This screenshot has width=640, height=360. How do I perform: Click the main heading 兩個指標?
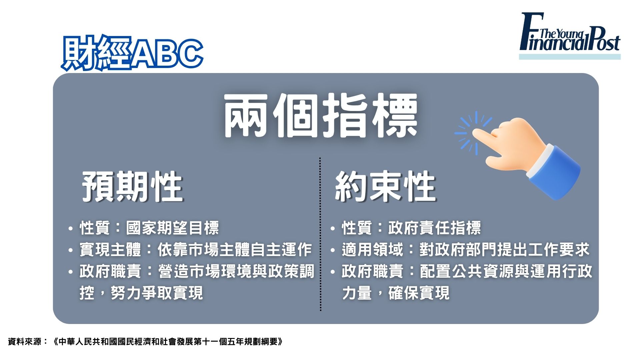coord(320,115)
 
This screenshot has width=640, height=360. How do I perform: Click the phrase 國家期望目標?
coord(172,228)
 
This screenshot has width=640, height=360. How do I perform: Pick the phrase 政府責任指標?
coord(434,228)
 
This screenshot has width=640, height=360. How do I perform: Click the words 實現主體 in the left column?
coord(110,250)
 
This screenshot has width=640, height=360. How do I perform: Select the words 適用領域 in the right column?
coord(372,250)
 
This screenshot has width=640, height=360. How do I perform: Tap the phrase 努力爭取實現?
coord(157,293)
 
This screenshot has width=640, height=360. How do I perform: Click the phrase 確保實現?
coord(419,293)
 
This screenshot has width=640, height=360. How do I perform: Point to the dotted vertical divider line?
coord(320,234)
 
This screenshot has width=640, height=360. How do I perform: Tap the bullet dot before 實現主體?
coord(70,250)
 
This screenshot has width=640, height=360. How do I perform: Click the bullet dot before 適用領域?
coord(332,250)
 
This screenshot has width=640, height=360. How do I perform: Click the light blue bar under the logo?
coord(570,57)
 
